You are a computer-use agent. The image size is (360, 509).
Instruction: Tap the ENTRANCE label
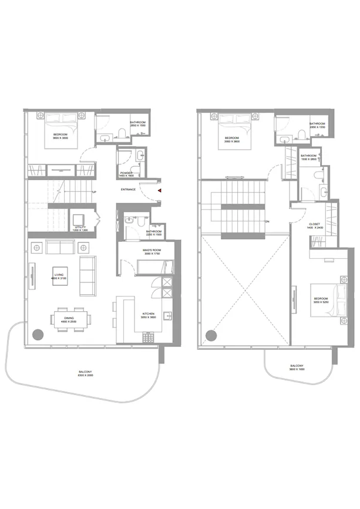129,190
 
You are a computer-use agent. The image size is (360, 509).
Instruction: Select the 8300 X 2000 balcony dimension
85,375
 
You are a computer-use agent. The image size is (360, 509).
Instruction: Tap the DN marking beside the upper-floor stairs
267,221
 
